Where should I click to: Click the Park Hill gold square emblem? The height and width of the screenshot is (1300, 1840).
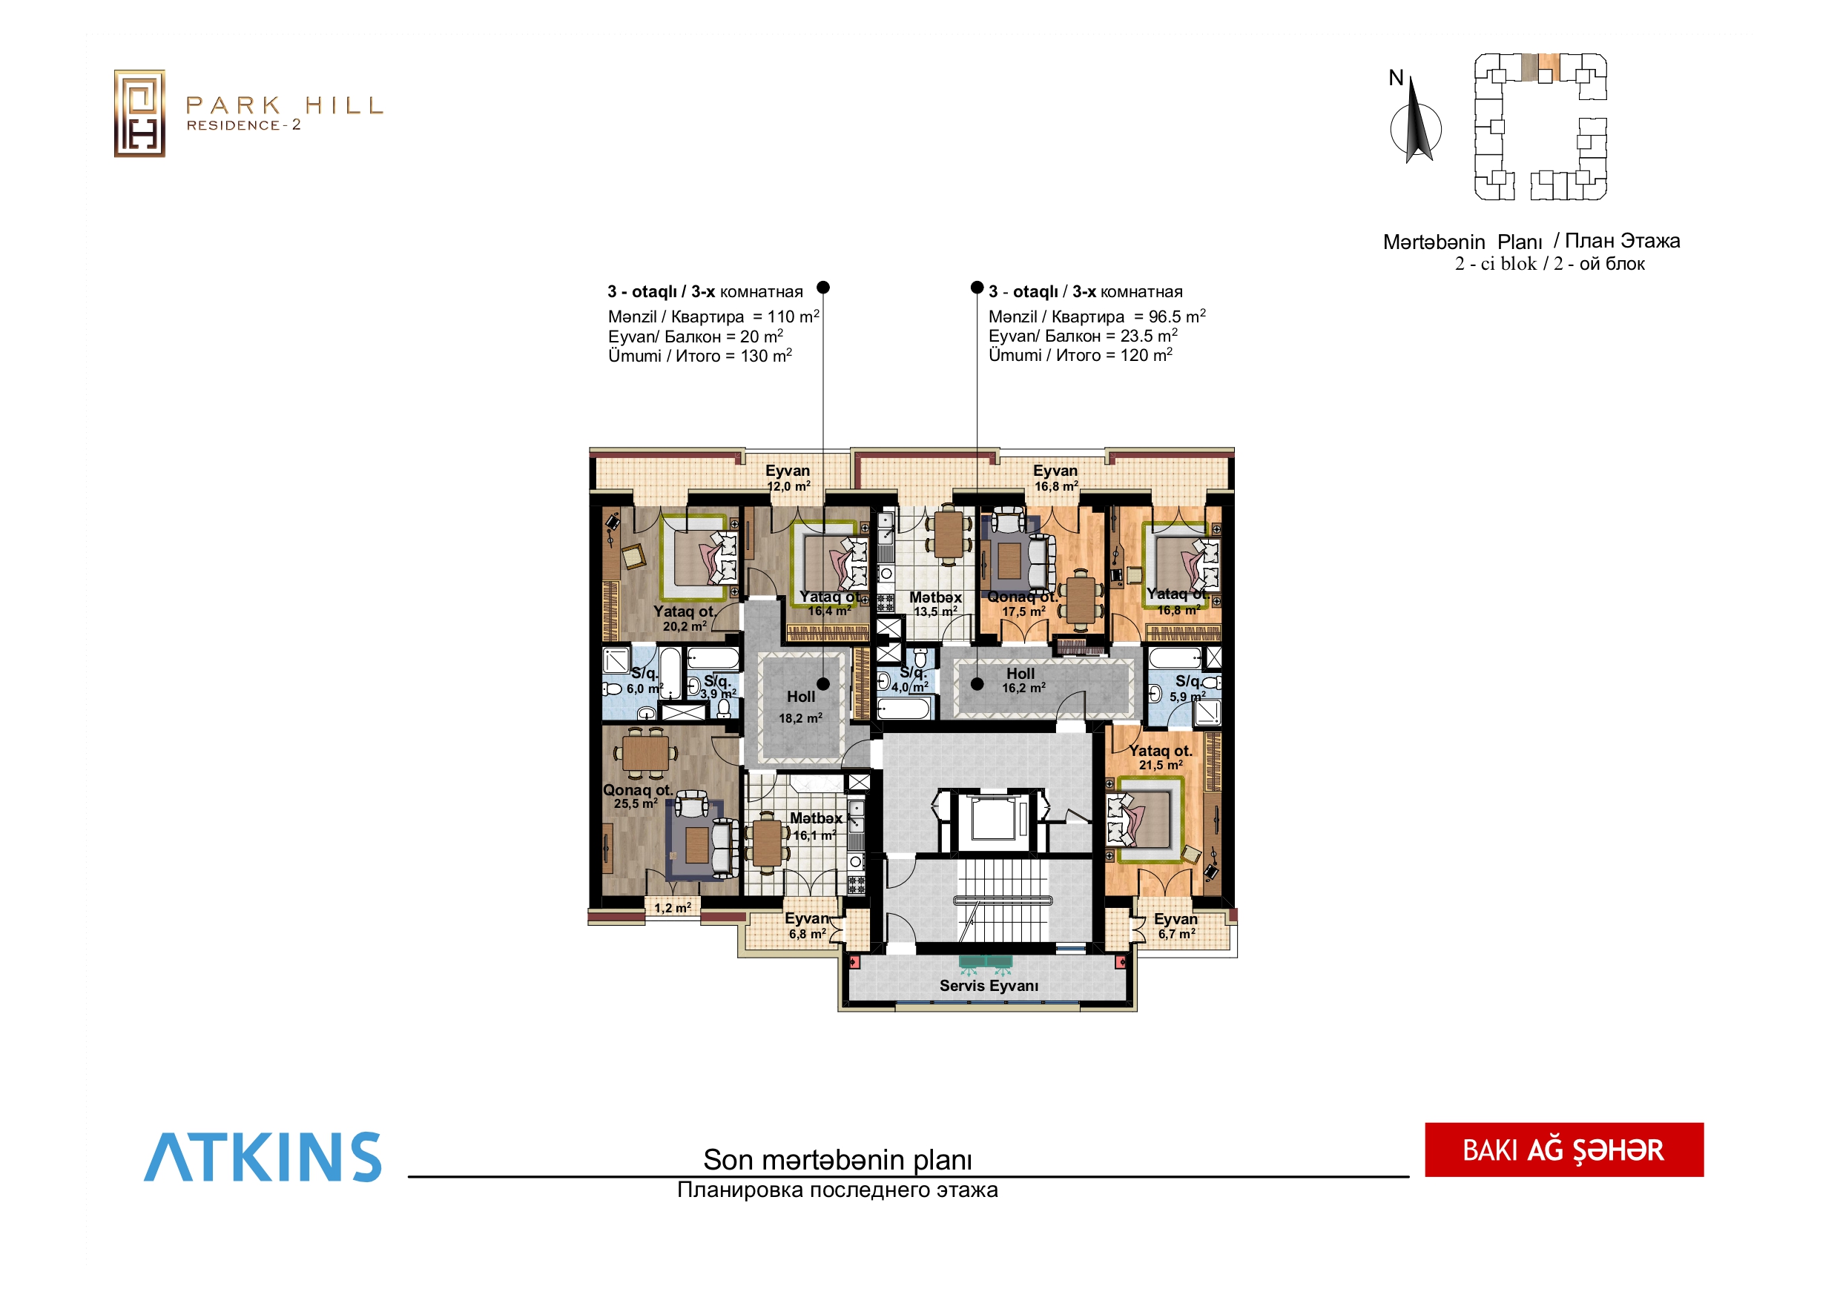point(139,113)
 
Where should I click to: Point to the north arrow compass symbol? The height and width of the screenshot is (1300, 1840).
point(1416,120)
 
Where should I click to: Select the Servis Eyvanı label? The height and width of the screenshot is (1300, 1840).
point(989,985)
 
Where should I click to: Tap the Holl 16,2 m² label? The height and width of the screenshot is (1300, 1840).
point(1023,680)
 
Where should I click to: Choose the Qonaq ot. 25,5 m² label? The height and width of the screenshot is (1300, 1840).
point(637,796)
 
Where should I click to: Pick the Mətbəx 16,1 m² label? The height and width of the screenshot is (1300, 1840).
point(816,826)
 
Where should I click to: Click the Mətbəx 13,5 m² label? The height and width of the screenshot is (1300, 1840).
point(935,604)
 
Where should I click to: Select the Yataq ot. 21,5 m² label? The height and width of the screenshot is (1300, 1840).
point(1161,757)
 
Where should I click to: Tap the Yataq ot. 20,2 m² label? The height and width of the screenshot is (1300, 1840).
point(685,618)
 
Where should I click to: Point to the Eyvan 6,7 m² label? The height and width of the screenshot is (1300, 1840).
point(1175,926)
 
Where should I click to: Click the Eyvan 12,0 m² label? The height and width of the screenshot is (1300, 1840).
point(788,478)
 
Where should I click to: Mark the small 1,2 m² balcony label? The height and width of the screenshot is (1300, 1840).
point(673,907)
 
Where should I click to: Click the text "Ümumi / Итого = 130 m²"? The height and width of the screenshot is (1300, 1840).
point(699,356)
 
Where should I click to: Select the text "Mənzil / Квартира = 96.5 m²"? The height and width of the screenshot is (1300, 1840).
point(1096,316)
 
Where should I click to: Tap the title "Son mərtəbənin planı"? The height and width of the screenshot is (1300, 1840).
point(837,1159)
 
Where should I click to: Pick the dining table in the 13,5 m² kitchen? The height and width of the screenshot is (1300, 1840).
point(949,534)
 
